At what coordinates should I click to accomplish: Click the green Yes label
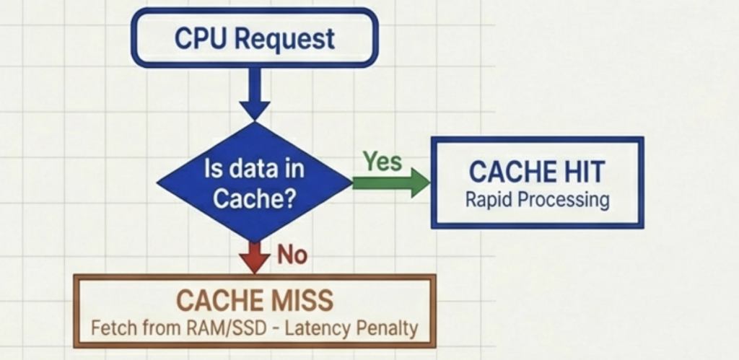(x=382, y=162)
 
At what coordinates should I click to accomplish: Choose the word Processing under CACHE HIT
(x=564, y=201)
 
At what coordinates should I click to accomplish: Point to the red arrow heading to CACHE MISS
(x=254, y=256)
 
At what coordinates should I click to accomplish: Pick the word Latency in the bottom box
(x=315, y=329)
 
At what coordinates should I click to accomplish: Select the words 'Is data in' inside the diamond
(x=254, y=170)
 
